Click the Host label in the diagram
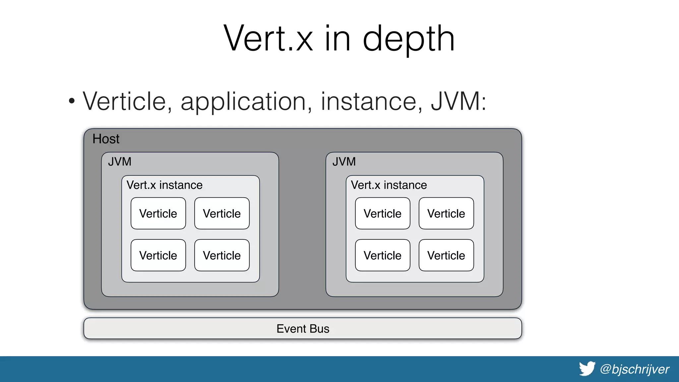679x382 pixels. [106, 139]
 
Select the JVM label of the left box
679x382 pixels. [120, 162]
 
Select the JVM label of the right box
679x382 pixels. [344, 162]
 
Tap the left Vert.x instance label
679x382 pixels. [164, 185]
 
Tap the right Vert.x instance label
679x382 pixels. [389, 185]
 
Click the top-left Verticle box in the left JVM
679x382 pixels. [158, 214]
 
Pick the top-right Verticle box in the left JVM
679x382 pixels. [222, 214]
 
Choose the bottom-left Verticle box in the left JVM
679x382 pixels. [158, 255]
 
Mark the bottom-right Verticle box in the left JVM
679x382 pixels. [222, 255]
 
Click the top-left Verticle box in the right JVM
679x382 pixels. [383, 214]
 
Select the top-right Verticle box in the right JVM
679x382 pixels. [446, 214]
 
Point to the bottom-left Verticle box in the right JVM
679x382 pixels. [383, 255]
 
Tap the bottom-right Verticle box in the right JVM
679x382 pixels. [446, 255]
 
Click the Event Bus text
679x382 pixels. [303, 329]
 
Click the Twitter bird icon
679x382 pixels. [587, 369]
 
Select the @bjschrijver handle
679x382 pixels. [635, 369]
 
